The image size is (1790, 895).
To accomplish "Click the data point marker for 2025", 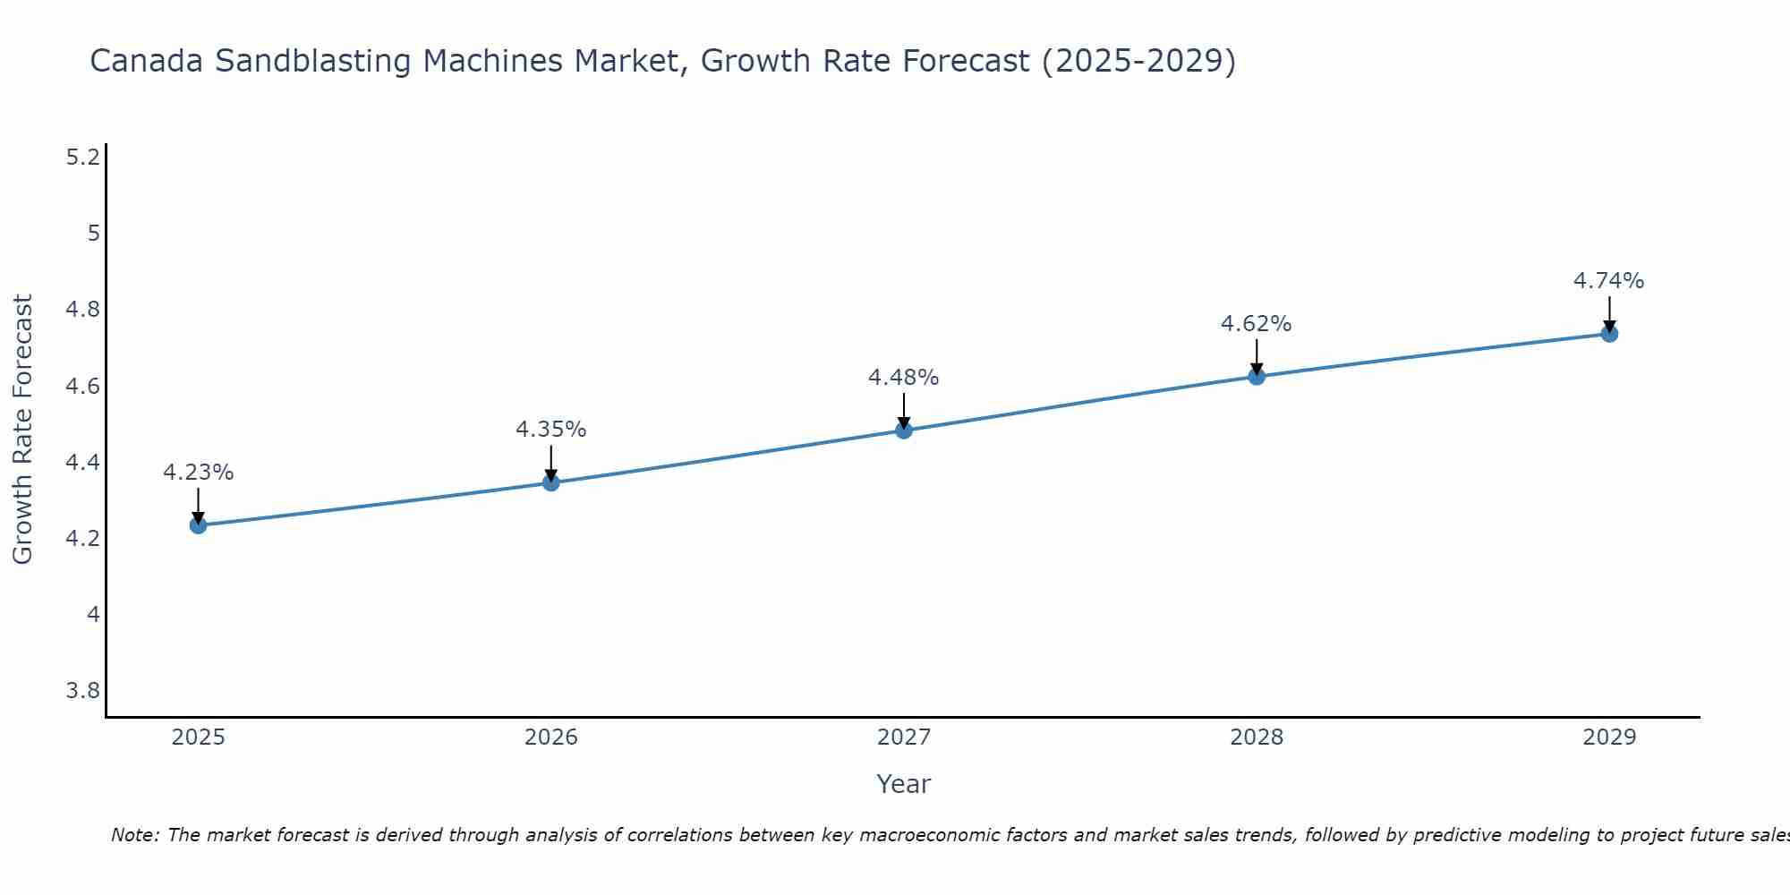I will click(x=199, y=525).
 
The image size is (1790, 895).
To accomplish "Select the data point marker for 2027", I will click(x=904, y=430).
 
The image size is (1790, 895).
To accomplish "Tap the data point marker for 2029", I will click(x=1609, y=334).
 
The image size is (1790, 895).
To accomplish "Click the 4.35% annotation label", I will click(x=551, y=430).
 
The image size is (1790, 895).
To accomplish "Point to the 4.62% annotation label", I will click(x=1257, y=324).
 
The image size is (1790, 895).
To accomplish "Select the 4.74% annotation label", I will click(x=1609, y=281).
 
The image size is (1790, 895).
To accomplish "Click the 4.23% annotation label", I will click(x=199, y=473).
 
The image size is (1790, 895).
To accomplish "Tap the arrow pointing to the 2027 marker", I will click(x=904, y=411).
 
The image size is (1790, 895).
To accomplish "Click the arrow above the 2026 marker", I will click(x=551, y=464).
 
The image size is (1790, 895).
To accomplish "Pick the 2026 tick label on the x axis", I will click(x=551, y=737).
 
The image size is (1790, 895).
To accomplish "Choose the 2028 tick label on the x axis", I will click(x=1257, y=737).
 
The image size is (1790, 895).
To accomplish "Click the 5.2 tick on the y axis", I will click(x=83, y=158).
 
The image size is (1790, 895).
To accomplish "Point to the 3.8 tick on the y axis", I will click(x=83, y=691).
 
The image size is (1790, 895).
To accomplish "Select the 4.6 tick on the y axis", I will click(x=83, y=387).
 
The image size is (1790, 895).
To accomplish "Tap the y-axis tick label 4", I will click(x=93, y=615).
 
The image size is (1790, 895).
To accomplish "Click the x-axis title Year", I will click(x=904, y=784).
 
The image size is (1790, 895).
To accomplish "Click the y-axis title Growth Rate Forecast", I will click(x=22, y=430).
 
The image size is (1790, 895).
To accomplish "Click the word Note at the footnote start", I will click(x=133, y=835).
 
